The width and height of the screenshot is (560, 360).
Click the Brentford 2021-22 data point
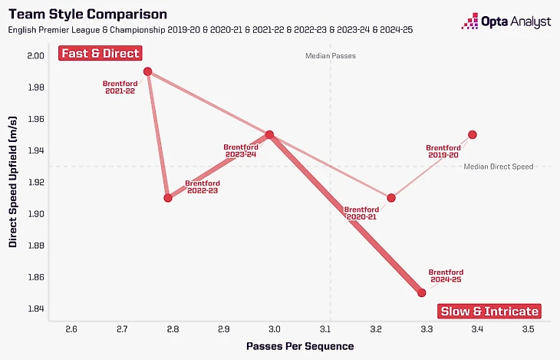[147, 71]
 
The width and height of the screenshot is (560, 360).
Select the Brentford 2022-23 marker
[168, 198]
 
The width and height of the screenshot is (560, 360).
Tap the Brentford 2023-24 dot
[269, 134]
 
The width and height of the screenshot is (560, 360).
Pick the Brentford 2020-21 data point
[391, 198]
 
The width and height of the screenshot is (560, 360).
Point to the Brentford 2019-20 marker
[473, 134]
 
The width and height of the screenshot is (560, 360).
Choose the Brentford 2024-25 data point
[421, 292]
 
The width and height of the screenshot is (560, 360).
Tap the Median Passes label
[330, 56]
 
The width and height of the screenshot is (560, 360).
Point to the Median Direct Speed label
[498, 166]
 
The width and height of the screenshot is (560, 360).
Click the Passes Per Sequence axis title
[300, 346]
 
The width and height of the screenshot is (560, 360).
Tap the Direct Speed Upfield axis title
[13, 181]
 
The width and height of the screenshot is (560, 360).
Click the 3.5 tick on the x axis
[528, 329]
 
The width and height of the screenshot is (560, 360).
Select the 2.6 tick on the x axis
[71, 329]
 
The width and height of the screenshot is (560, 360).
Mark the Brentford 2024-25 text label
[446, 276]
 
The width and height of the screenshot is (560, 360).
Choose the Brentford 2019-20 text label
[443, 151]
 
